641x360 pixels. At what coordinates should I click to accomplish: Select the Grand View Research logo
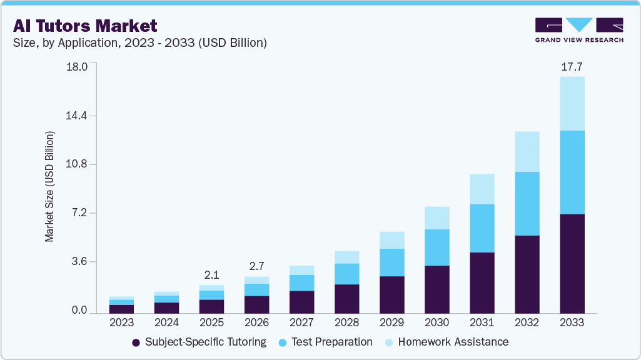pos(579,29)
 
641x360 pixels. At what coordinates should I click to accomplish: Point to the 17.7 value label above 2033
pos(572,66)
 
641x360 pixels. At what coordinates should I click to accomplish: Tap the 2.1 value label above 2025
pos(211,274)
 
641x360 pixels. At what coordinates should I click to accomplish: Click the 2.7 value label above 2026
pos(256,266)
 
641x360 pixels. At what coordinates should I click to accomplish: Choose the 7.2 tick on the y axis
pos(79,213)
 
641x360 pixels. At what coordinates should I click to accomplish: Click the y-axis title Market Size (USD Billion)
pos(49,187)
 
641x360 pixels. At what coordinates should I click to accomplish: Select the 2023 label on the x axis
pos(121,322)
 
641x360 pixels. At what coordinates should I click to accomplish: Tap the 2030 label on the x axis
pos(437,322)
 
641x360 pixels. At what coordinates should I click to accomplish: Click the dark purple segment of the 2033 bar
pos(572,263)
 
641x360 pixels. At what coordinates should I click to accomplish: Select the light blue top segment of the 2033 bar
pos(572,104)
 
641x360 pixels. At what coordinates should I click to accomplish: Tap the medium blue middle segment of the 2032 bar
pos(527,204)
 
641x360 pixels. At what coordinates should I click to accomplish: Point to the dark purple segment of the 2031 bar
pos(482,282)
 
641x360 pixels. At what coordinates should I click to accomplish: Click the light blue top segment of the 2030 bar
pos(437,218)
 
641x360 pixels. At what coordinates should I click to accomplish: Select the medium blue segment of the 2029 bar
pos(391,262)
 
